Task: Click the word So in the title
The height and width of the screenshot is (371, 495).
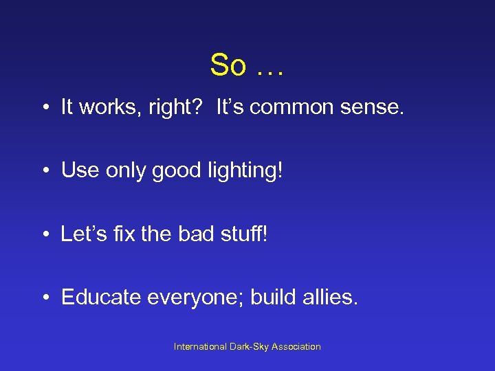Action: click(228, 65)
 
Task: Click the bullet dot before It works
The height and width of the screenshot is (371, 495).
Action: click(43, 108)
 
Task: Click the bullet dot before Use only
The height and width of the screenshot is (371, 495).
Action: click(43, 171)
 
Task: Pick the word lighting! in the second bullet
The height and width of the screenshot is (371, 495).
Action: click(248, 171)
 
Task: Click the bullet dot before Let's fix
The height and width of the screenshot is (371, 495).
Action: click(43, 234)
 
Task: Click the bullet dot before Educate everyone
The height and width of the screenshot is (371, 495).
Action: click(43, 297)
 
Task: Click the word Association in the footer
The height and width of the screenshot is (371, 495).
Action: click(296, 347)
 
